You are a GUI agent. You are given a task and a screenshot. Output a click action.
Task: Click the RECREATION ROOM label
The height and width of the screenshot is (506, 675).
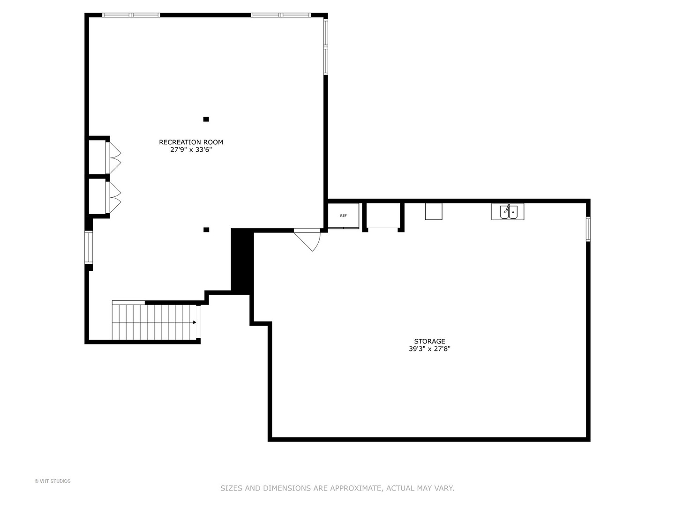(x=191, y=142)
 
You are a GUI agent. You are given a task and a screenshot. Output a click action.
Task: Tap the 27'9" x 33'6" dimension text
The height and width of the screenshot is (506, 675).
(x=191, y=150)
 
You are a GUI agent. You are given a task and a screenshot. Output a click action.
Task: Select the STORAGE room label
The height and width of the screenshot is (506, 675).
(x=429, y=341)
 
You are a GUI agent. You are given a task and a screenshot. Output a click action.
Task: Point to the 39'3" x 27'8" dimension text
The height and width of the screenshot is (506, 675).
(x=429, y=349)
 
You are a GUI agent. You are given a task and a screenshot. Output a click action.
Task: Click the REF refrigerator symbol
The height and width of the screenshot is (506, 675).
(x=343, y=216)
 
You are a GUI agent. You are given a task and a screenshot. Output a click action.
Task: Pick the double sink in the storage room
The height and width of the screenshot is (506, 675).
(x=508, y=212)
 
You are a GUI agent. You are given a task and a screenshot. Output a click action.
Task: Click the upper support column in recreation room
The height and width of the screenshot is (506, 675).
(x=206, y=119)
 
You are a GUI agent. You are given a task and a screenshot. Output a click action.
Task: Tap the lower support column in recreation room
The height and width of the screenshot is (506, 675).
(x=206, y=230)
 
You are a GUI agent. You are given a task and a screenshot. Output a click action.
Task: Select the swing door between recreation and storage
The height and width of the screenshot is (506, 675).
(x=309, y=238)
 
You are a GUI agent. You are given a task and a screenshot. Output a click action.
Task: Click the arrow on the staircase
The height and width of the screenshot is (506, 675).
(x=194, y=322)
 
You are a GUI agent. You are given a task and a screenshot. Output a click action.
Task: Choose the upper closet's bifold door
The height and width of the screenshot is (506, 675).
(x=114, y=157)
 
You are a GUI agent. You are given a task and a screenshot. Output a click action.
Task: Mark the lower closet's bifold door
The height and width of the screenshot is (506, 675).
(x=114, y=197)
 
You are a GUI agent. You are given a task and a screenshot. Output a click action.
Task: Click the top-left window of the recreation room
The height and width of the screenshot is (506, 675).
(x=131, y=15)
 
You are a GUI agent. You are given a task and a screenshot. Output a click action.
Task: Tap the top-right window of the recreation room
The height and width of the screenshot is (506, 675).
(x=281, y=15)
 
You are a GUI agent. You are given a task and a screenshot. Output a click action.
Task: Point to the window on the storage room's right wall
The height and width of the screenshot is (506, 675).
(x=588, y=229)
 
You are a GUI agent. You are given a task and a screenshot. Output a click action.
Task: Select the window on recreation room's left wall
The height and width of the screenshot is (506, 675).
(x=87, y=247)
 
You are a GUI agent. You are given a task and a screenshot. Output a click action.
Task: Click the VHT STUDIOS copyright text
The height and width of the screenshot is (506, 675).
(x=52, y=481)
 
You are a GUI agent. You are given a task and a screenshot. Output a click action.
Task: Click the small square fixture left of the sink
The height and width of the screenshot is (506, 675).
(x=434, y=211)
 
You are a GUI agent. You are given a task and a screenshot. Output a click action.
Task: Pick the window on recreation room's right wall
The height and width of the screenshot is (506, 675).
(x=325, y=46)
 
